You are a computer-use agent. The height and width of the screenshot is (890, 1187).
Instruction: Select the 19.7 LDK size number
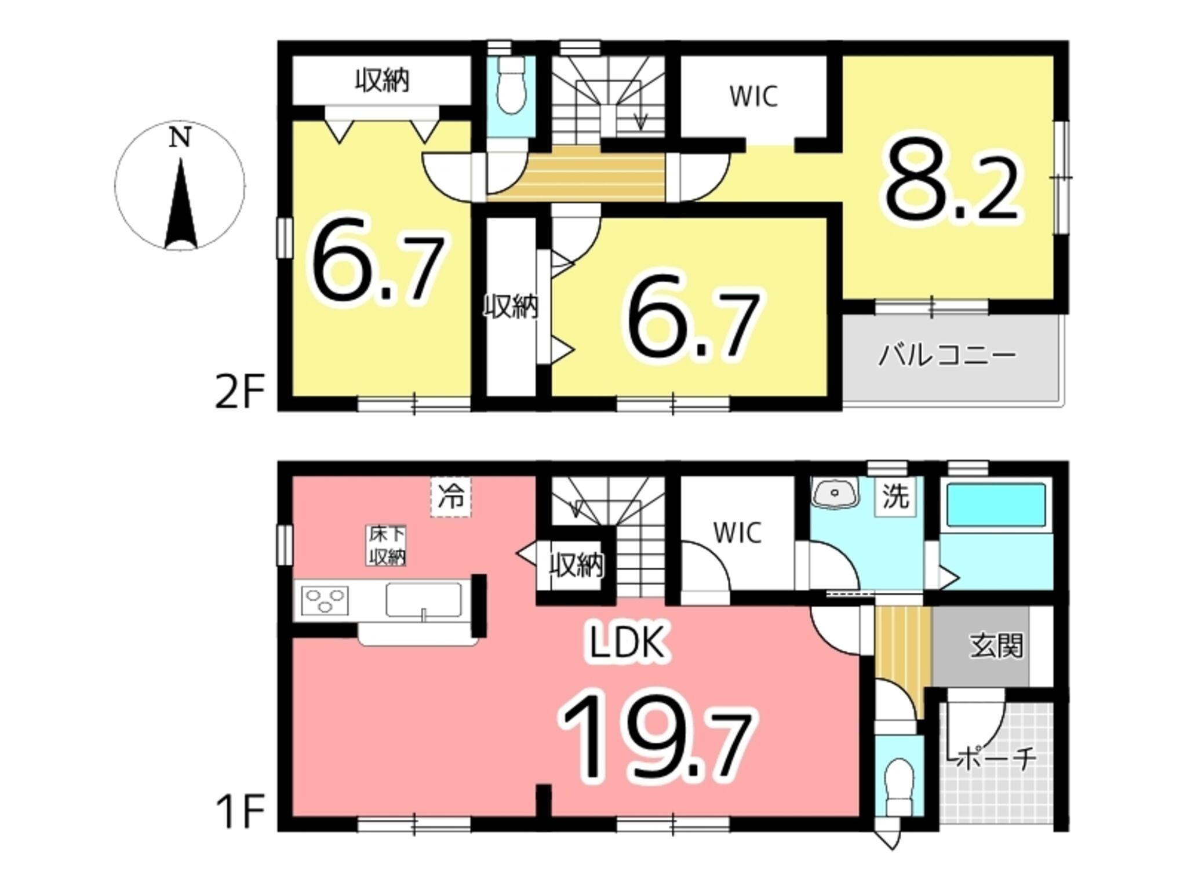[x=657, y=735]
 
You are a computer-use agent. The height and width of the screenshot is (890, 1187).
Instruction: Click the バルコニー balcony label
[x=947, y=356]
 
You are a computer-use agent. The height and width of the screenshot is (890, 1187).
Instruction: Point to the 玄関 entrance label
[x=996, y=646]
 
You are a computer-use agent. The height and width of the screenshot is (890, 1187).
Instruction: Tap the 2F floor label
[x=239, y=391]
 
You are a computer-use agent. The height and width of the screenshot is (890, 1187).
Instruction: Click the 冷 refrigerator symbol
[x=450, y=497]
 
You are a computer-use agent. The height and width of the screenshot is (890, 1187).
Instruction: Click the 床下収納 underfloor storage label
[x=387, y=545]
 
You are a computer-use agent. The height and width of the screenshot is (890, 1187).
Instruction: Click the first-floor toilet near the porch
[x=898, y=786]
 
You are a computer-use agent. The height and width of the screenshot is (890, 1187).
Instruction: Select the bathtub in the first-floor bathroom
[x=995, y=505]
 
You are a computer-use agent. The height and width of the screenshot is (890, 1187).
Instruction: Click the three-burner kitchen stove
[x=325, y=601]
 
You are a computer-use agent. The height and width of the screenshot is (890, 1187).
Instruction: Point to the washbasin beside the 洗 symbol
[x=835, y=494]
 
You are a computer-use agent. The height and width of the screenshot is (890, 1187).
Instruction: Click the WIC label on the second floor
[x=753, y=97]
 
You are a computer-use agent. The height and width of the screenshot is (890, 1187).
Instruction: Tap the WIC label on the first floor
[x=737, y=532]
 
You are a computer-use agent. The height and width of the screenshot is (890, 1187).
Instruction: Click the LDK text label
[x=627, y=644]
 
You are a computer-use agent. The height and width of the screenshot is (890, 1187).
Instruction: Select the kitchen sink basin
[x=424, y=600]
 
